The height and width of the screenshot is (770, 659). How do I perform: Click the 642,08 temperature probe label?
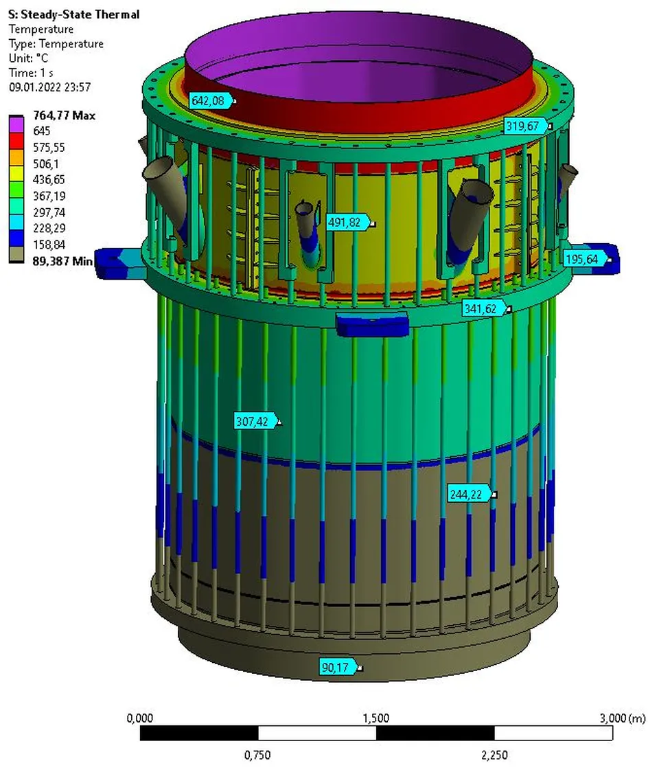pyautogui.click(x=211, y=101)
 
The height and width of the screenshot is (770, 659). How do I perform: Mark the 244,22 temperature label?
pyautogui.click(x=470, y=493)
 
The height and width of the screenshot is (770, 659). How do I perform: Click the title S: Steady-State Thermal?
pyautogui.click(x=73, y=14)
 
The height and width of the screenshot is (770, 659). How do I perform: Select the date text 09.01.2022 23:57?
pyautogui.click(x=49, y=87)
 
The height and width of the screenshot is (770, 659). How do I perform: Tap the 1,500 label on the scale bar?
pyautogui.click(x=375, y=718)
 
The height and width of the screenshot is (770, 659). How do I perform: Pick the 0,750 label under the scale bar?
pyautogui.click(x=257, y=755)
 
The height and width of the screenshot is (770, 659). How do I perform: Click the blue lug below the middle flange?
pyautogui.click(x=371, y=323)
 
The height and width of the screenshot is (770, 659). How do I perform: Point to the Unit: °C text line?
pyautogui.click(x=28, y=58)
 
